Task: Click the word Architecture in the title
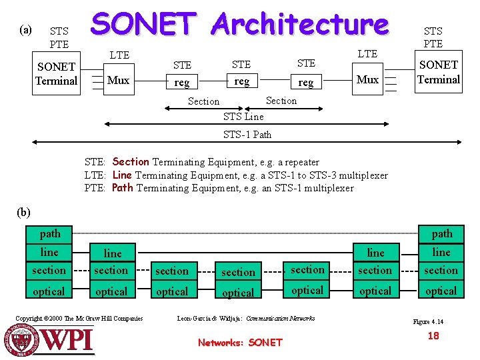click(299, 24)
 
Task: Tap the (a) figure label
click(26, 29)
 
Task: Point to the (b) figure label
click(24, 213)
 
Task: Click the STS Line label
click(243, 117)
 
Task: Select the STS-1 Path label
click(247, 134)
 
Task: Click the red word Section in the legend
click(131, 161)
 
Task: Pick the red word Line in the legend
click(123, 175)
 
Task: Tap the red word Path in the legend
click(123, 187)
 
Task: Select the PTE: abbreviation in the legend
click(96, 188)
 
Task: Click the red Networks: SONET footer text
click(240, 343)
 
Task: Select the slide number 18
click(433, 335)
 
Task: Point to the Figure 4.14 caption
click(428, 321)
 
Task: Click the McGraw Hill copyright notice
click(79, 318)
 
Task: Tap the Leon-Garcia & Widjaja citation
click(245, 318)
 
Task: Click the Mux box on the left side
click(118, 80)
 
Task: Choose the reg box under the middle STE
click(241, 81)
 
